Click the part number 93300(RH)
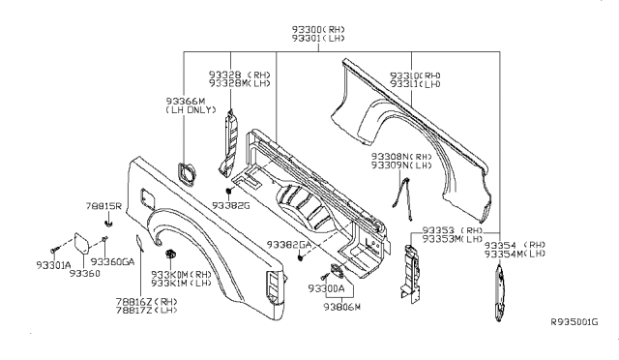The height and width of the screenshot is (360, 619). pyautogui.click(x=309, y=31)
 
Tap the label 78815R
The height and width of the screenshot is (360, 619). pyautogui.click(x=103, y=207)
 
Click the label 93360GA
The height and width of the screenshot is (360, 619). pyautogui.click(x=114, y=262)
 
